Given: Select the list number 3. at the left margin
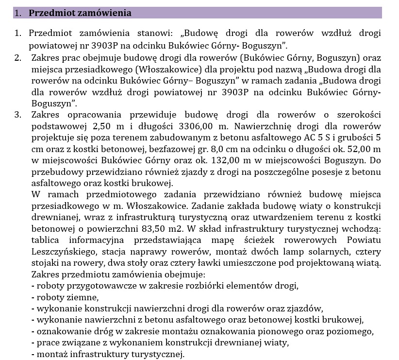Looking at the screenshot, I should [18, 115].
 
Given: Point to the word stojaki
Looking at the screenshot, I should [46, 264].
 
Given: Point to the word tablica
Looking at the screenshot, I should [47, 241].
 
